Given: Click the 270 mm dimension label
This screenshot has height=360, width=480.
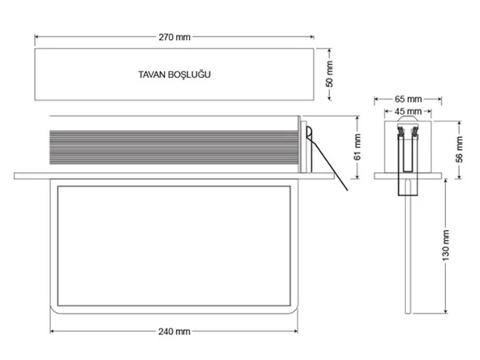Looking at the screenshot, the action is coord(174,37).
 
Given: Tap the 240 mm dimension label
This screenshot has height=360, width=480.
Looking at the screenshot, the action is coord(174,332).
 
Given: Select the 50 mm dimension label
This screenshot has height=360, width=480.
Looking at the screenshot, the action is coord(330,74).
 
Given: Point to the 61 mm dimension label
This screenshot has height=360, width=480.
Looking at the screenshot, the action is coord(358,147).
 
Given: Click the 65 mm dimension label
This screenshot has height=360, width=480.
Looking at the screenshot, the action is coord(408,99).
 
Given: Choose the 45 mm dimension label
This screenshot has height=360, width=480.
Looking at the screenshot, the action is coord(408,111).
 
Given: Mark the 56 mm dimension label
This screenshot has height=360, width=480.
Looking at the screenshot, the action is coord(459,149).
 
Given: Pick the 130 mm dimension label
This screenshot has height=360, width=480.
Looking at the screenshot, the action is coord(446,245).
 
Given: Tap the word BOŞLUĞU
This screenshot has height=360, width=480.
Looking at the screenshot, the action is coord(189,75).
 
